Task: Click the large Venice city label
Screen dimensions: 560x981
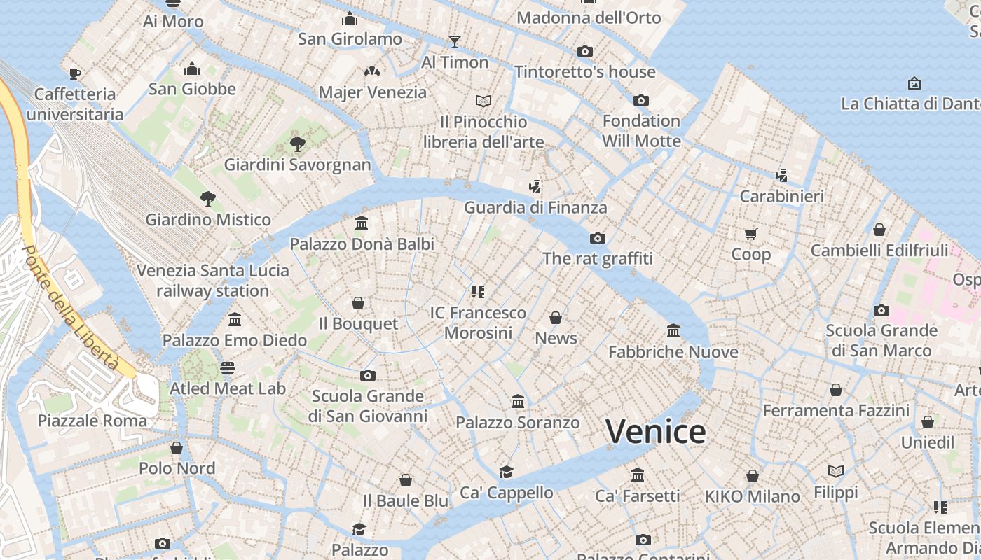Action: (655, 432)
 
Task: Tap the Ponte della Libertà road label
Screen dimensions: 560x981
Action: (70, 308)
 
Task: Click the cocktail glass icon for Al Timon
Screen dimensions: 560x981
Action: (455, 41)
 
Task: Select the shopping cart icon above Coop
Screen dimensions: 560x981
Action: (751, 234)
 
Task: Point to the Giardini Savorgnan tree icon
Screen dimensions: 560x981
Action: (298, 145)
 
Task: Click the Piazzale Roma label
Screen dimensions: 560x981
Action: (92, 421)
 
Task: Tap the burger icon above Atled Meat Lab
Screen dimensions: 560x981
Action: (228, 367)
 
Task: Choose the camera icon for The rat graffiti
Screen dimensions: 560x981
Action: (597, 238)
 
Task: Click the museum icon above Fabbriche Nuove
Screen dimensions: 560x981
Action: (673, 330)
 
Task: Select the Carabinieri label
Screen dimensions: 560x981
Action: (782, 196)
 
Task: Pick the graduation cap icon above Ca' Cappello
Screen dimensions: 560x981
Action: (506, 472)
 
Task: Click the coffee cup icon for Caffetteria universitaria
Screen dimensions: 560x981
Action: (75, 73)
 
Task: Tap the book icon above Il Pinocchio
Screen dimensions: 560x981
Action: (483, 101)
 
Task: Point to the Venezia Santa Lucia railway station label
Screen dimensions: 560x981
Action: (212, 280)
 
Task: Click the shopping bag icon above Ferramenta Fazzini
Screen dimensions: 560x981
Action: (836, 390)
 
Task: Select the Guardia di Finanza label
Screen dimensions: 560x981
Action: (535, 207)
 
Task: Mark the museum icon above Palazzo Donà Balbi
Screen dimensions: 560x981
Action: (362, 223)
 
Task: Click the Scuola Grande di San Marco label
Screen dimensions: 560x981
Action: (881, 340)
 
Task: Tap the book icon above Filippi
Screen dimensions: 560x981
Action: (836, 471)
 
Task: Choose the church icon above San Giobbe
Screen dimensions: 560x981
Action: (192, 69)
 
